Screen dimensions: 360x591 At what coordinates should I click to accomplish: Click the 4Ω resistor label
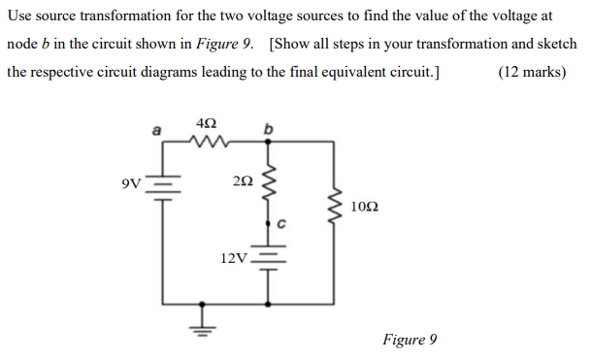[x=206, y=123]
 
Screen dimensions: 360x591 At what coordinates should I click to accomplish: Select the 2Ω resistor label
[x=244, y=180]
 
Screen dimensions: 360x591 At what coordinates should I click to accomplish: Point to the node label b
[x=269, y=127]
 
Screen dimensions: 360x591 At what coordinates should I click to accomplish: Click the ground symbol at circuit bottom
[x=202, y=326]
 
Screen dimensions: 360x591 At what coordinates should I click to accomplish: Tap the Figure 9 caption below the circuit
[x=410, y=339]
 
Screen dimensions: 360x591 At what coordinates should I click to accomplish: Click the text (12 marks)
[x=531, y=72]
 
